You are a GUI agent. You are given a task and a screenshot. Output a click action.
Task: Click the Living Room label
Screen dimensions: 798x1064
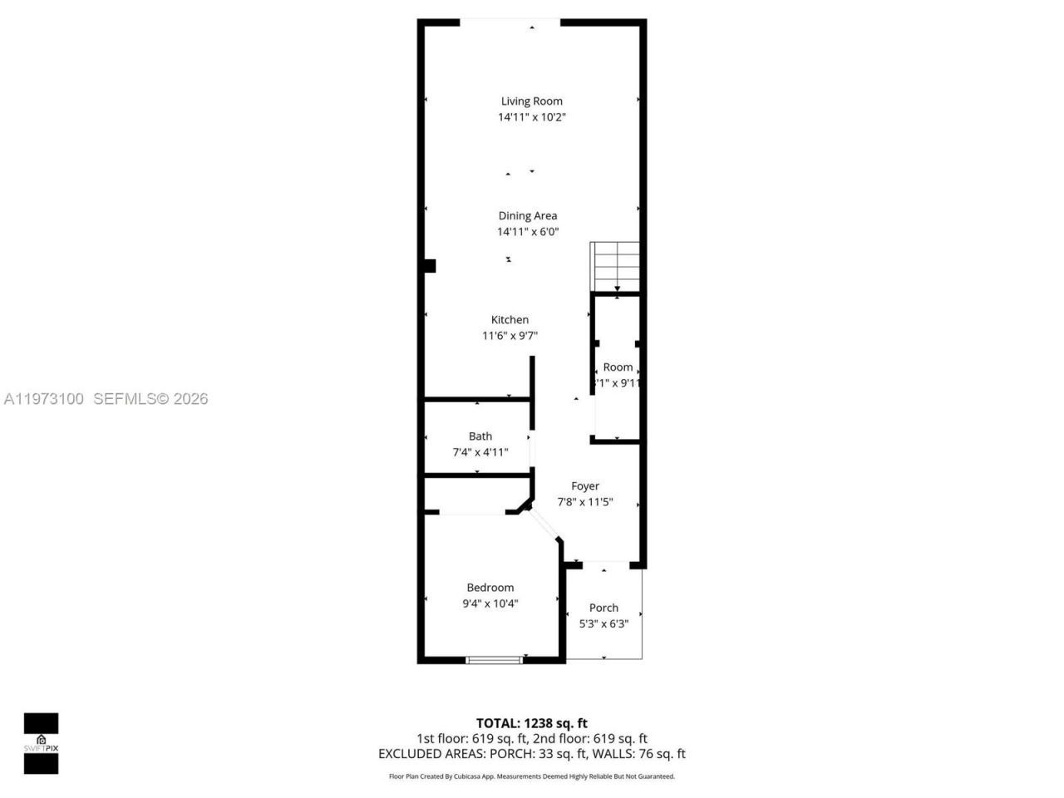[x=531, y=101]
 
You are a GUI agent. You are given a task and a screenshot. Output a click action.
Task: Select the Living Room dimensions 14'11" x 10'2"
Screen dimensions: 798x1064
[x=531, y=117]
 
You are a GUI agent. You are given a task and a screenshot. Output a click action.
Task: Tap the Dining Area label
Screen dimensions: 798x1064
[x=528, y=216]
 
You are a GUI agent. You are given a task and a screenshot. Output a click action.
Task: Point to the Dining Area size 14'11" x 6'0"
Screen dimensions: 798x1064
[x=528, y=232]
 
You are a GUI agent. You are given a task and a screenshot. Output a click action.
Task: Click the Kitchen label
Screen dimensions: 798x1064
[x=510, y=320]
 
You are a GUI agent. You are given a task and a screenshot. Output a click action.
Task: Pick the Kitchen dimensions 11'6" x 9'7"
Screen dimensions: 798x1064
[x=510, y=336]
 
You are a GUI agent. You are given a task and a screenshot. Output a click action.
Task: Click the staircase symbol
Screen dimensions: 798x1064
[x=615, y=264]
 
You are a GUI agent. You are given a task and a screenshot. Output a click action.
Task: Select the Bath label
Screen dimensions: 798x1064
[x=480, y=436]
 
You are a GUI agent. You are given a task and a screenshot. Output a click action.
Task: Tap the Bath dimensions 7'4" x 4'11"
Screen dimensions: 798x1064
[x=480, y=452]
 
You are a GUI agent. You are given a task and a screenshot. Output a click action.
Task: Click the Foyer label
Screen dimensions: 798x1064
[x=585, y=486]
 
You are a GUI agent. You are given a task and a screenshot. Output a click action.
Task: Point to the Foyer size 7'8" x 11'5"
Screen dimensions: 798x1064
[x=585, y=502]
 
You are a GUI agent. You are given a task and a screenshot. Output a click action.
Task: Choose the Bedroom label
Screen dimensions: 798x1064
[x=490, y=588]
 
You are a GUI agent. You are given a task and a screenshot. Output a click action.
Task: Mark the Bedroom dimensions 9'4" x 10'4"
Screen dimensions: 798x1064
[x=490, y=603]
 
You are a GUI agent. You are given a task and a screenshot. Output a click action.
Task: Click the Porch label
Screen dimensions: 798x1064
[x=603, y=608]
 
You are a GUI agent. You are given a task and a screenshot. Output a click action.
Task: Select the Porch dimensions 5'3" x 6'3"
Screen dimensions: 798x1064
[x=603, y=623]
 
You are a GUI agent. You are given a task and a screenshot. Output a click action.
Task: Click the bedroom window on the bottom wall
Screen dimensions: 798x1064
[x=494, y=660]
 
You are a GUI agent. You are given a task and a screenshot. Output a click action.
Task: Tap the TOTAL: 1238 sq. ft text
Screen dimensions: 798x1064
[x=532, y=723]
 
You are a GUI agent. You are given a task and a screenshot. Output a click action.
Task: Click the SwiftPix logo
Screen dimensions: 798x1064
[x=41, y=743]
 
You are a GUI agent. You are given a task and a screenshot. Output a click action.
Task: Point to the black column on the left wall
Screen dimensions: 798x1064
[x=429, y=266]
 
